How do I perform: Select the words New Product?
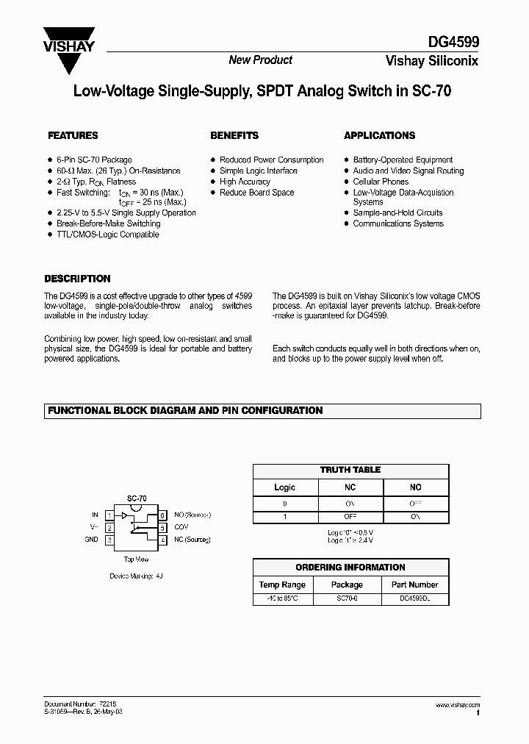(x=260, y=60)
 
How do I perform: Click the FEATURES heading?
(x=73, y=136)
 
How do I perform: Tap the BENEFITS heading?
(x=234, y=136)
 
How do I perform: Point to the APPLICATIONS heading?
(x=379, y=136)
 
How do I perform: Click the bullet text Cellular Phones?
(x=381, y=182)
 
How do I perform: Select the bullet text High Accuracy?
(x=245, y=182)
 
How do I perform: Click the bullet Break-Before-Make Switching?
(x=108, y=223)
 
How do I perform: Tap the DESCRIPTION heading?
(x=77, y=279)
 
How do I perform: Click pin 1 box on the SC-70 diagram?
(x=109, y=515)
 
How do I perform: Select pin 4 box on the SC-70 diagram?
(x=162, y=540)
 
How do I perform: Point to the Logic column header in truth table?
(x=284, y=487)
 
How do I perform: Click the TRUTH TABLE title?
(x=350, y=470)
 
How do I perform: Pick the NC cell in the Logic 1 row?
(x=350, y=518)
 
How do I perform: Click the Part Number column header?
(x=414, y=584)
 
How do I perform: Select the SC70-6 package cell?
(x=347, y=600)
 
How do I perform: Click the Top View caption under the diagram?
(x=136, y=559)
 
